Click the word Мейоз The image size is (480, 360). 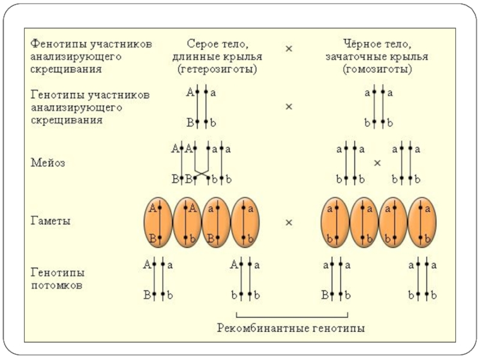point(48,163)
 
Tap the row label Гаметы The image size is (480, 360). point(50,221)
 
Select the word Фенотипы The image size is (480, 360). point(58,44)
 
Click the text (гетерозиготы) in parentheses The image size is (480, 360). point(217,70)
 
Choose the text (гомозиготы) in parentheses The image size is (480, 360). point(377,70)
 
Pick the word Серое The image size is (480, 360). point(201,44)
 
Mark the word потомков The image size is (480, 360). point(56,286)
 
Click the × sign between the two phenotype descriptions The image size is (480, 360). point(289,49)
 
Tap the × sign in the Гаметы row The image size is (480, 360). point(289,223)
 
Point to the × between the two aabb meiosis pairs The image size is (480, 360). point(377,163)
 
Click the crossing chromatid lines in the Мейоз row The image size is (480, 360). point(202,173)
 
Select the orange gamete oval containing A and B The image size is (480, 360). point(158,222)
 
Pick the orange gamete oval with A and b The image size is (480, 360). point(187,222)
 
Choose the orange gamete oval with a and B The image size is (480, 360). point(216,222)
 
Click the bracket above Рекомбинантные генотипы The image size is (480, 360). point(292,317)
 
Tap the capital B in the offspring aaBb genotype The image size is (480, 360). point(325,295)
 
